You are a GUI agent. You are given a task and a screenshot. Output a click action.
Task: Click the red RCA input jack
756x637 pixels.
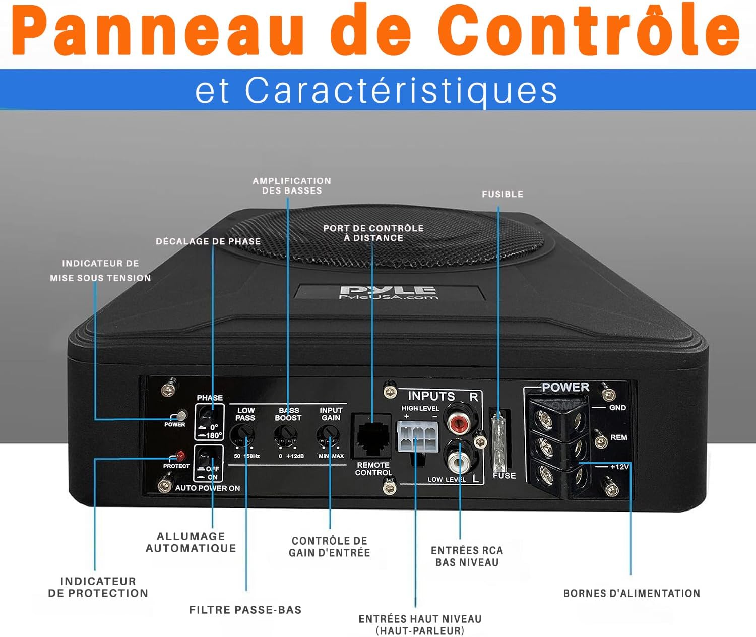click(458, 421)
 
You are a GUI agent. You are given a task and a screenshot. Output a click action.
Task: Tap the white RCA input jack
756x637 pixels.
click(459, 461)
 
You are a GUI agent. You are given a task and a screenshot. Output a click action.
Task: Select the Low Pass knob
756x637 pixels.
click(242, 435)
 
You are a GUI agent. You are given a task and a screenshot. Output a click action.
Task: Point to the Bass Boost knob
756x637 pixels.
click(286, 435)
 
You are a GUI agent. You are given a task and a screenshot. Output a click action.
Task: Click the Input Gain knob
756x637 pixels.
click(328, 435)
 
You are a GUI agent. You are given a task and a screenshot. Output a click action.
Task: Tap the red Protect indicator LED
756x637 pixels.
click(180, 455)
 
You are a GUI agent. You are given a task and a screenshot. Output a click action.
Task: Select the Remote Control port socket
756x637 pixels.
click(373, 437)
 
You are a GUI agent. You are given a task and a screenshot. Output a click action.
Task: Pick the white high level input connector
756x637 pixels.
click(418, 436)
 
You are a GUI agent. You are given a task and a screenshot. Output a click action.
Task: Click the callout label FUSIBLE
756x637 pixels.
click(502, 194)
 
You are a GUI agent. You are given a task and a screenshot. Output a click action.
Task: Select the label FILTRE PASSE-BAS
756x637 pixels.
click(245, 609)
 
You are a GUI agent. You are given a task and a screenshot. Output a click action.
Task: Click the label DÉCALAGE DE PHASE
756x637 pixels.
click(208, 241)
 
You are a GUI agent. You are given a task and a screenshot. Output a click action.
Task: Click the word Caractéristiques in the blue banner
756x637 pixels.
click(401, 91)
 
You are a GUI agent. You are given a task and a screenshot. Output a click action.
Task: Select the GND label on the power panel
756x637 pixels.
click(618, 407)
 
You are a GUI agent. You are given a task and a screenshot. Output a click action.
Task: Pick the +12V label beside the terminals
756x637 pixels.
click(619, 467)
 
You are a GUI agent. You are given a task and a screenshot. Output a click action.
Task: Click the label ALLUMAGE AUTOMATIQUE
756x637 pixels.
click(191, 542)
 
